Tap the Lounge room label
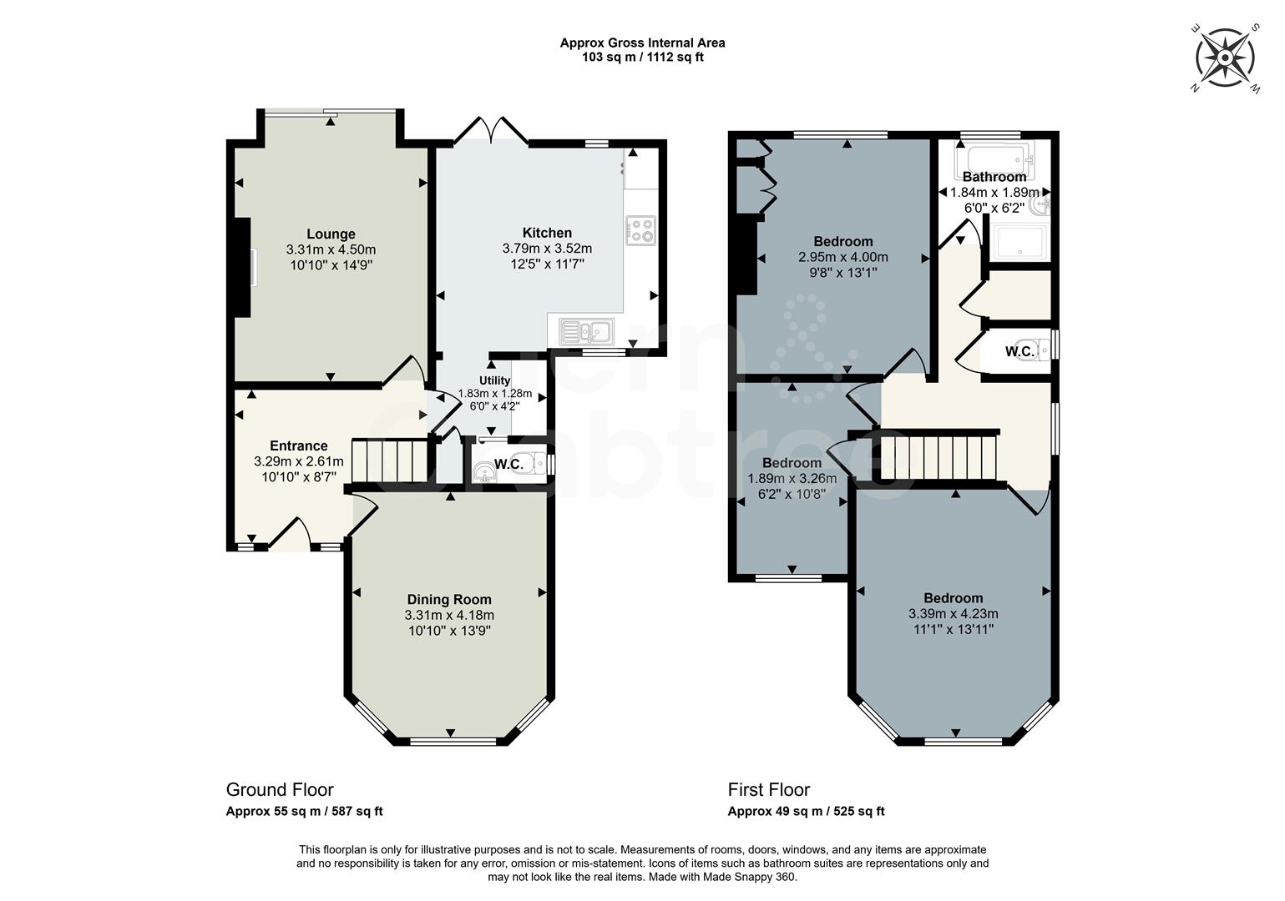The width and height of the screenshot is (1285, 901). pos(331,234)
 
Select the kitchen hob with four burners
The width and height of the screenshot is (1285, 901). pos(640,229)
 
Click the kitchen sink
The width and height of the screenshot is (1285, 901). pos(587,331)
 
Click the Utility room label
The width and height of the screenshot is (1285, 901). pos(494,380)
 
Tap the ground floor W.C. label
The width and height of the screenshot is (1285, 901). pos(508,465)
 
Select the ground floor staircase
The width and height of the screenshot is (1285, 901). pos(391,461)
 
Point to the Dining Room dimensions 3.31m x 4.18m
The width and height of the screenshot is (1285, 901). pos(449,615)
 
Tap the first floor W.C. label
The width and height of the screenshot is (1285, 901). pos(1019,352)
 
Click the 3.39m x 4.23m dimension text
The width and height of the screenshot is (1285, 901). pos(953,613)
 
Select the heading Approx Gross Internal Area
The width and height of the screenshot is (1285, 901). pos(642,43)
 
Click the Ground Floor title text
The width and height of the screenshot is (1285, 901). pos(280,789)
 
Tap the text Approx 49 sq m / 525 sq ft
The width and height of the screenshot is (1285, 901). pos(806,811)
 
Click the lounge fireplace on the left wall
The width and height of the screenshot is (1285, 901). pos(242,267)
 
